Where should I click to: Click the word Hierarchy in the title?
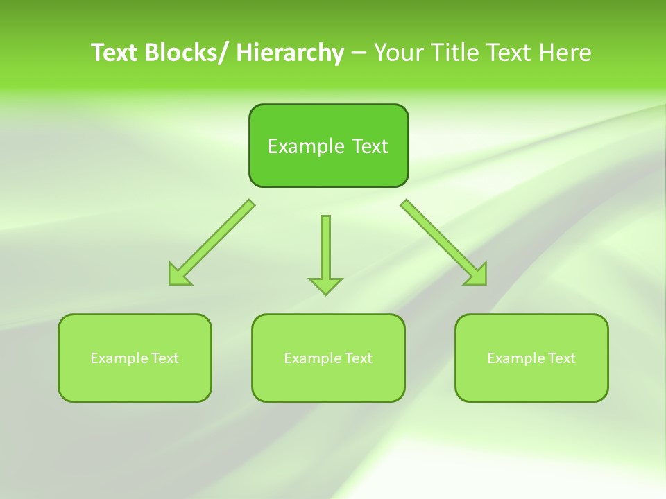(289, 53)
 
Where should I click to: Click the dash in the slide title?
(358, 53)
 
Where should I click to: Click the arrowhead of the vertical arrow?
(325, 285)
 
